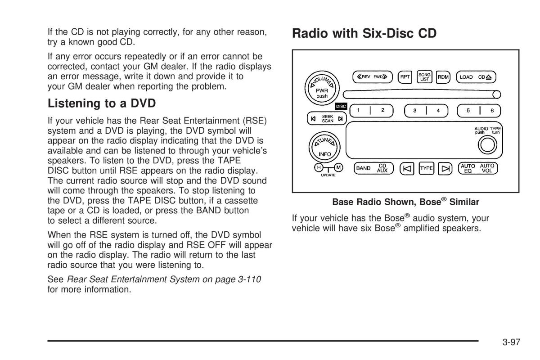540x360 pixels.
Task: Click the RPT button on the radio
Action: tap(405, 77)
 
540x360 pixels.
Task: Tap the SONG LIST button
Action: tap(424, 77)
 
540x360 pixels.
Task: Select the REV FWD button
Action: tap(373, 77)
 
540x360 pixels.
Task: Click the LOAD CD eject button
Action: tap(476, 77)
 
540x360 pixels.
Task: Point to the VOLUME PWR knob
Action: tap(322, 88)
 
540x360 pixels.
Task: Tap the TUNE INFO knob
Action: tap(324, 147)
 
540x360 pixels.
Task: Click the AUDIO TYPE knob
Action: tap(487, 145)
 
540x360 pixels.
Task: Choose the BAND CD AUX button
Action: tap(373, 168)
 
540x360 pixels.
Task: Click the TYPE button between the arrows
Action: tap(426, 168)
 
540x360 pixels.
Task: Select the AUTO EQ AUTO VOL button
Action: tap(478, 168)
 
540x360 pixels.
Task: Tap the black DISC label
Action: tap(341, 106)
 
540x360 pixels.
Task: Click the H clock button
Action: tap(319, 167)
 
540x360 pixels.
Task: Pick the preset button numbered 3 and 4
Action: tap(426, 111)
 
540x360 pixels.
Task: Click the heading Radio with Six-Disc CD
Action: tap(364, 33)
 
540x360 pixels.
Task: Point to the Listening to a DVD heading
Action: tap(102, 103)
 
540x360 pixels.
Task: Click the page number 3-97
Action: tap(511, 342)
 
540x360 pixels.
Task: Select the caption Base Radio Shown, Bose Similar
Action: tap(406, 202)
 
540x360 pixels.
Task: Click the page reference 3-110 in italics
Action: tap(249, 279)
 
